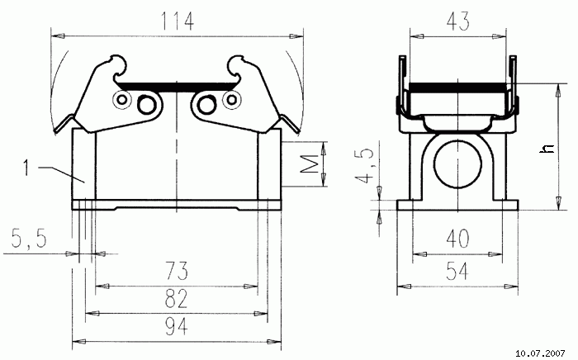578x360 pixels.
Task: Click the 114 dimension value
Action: (x=177, y=21)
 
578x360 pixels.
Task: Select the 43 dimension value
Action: (x=457, y=21)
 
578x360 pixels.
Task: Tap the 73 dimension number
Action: (x=177, y=271)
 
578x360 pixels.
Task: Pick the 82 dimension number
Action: (x=176, y=298)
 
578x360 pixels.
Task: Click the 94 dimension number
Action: (x=176, y=326)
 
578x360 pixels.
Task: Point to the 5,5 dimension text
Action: (x=29, y=239)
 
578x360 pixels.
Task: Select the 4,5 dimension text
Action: (x=364, y=166)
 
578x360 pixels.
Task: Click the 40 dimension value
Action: (x=457, y=239)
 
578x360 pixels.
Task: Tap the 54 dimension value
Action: (x=457, y=272)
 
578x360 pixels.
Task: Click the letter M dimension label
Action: (x=309, y=164)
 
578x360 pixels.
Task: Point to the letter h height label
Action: (x=547, y=148)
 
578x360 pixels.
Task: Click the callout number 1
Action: (x=26, y=168)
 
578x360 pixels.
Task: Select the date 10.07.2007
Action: (x=540, y=353)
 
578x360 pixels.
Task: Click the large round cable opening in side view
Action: (x=457, y=164)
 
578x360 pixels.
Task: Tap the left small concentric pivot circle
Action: (x=121, y=99)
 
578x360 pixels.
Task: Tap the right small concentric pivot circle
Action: (x=231, y=99)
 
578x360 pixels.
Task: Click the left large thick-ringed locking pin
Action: (x=147, y=105)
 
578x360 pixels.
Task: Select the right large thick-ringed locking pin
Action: (x=206, y=105)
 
